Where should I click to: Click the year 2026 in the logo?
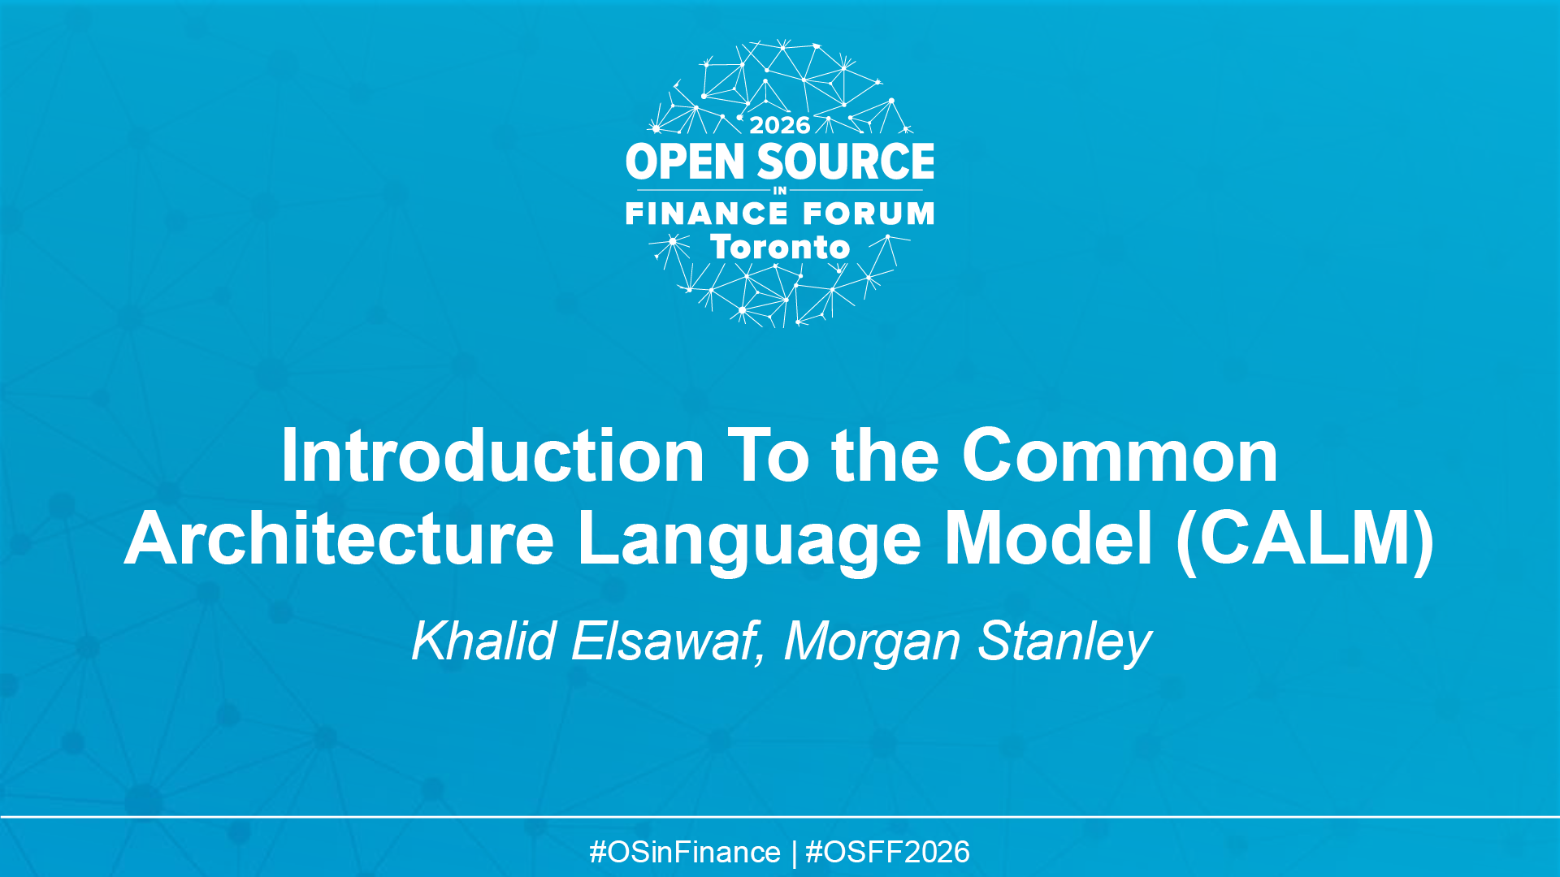point(779,125)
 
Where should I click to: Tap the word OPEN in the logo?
point(685,162)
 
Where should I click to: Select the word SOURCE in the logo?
point(846,162)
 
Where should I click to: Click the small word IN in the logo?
point(780,191)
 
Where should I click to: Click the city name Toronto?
point(780,247)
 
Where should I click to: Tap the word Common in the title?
point(1120,456)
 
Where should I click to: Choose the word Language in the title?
point(749,542)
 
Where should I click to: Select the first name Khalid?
point(483,642)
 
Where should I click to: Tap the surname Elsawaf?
point(666,642)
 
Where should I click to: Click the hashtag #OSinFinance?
point(684,853)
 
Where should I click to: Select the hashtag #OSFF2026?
point(887,853)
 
